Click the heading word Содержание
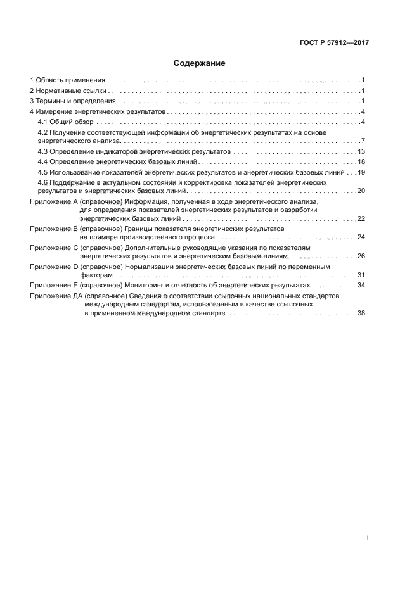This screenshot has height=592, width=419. tap(200, 63)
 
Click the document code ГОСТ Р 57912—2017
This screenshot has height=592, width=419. tap(334, 42)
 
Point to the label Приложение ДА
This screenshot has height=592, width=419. tap(56, 296)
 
